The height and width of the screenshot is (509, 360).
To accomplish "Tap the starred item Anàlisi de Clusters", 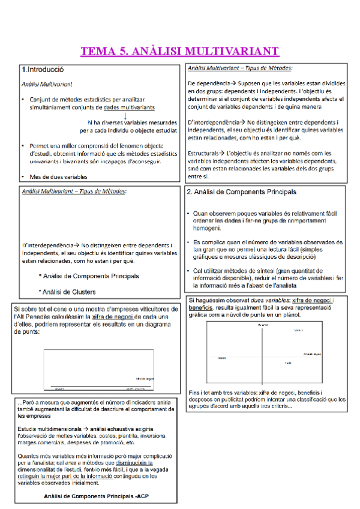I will click(x=69, y=292).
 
